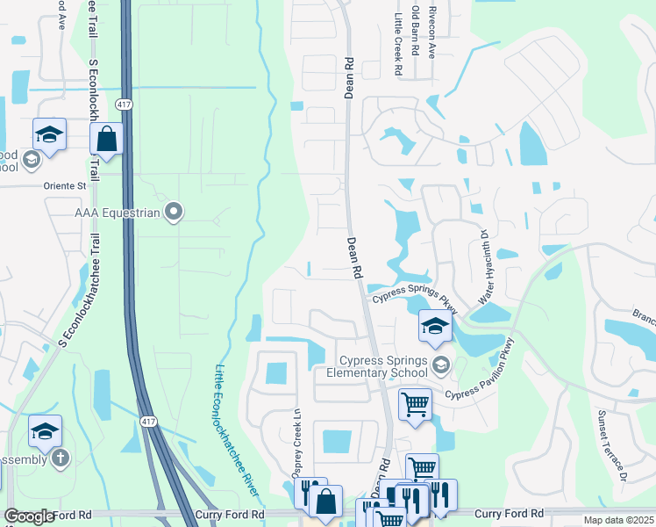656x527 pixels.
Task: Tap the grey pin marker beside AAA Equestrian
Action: click(x=174, y=211)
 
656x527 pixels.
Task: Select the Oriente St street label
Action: click(x=65, y=186)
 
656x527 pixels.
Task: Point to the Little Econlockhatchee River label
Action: click(x=232, y=422)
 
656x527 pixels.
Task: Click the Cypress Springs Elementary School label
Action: click(x=384, y=366)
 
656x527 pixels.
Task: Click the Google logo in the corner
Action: click(x=30, y=516)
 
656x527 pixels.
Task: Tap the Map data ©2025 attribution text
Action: click(x=618, y=520)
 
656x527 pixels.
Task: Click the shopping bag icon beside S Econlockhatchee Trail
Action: click(x=106, y=139)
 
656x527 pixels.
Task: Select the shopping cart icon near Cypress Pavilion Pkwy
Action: click(x=415, y=404)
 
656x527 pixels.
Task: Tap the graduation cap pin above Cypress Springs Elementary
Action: click(x=435, y=327)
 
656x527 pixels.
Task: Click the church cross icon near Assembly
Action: click(x=60, y=458)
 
